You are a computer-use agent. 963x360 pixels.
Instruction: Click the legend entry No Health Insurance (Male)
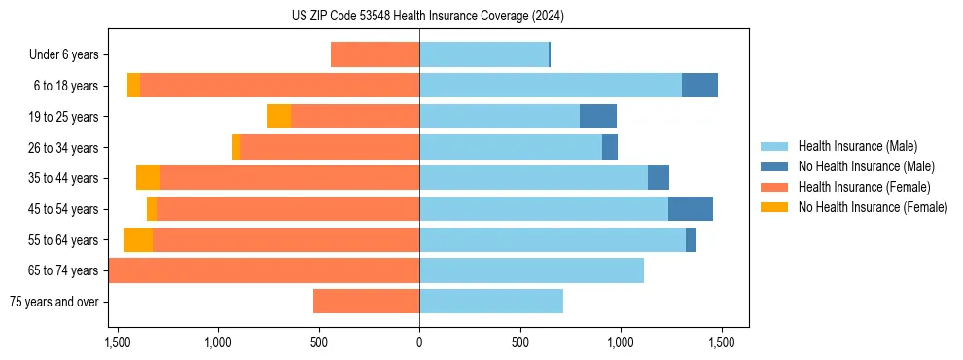[866, 166]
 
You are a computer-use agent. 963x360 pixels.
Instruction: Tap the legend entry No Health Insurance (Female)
[873, 207]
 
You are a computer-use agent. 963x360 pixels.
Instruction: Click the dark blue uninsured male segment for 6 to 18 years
[699, 86]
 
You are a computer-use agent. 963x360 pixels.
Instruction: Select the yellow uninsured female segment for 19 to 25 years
[279, 117]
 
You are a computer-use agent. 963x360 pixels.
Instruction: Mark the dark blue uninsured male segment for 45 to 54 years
[691, 209]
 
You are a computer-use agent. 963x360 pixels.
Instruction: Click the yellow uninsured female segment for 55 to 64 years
[138, 240]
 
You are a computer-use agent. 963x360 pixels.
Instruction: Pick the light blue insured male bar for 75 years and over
[491, 302]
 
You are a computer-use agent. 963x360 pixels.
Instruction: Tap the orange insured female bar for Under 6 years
[375, 55]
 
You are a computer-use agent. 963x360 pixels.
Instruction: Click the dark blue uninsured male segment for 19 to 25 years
[598, 117]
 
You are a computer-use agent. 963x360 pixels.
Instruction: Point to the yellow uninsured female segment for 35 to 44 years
[148, 178]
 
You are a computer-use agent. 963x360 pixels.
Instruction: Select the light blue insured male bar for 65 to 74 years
[531, 270]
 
